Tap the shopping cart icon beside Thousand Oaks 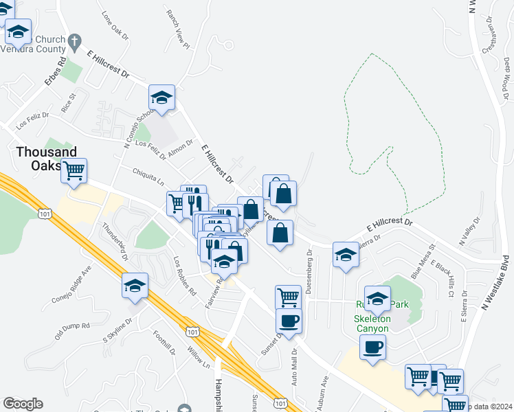click(74, 170)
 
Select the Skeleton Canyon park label click(372, 323)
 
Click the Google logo click(23, 404)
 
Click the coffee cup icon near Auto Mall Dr click(289, 320)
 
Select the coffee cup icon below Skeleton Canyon click(372, 347)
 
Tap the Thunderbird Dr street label click(115, 242)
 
